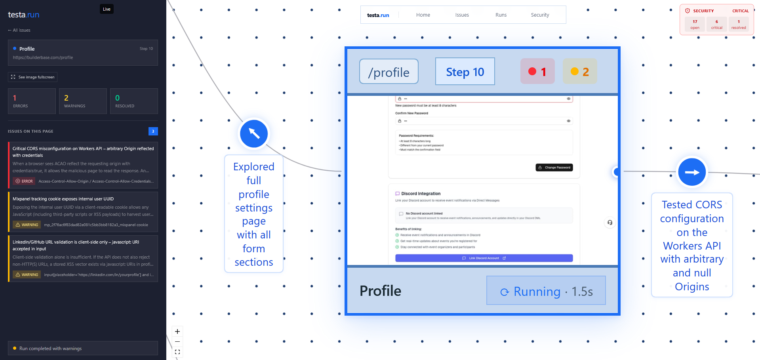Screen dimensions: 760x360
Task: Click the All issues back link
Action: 19,30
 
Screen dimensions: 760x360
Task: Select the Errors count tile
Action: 32,101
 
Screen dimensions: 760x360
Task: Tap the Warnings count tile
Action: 83,101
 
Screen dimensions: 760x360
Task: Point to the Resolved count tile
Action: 134,101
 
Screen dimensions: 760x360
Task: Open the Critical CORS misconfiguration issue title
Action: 83,152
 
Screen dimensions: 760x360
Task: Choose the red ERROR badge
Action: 24,181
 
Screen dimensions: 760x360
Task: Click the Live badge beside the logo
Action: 107,9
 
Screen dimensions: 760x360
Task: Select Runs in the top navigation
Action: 501,15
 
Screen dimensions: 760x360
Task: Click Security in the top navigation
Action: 540,15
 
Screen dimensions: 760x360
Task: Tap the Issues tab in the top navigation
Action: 462,15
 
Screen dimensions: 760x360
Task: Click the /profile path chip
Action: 389,72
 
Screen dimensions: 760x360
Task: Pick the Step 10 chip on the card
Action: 465,72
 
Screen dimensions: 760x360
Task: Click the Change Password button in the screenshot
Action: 554,168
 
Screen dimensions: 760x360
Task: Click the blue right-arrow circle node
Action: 692,172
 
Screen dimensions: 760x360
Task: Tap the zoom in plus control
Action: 177,331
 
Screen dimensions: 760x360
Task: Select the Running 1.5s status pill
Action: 546,291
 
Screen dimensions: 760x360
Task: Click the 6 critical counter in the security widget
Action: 716,25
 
